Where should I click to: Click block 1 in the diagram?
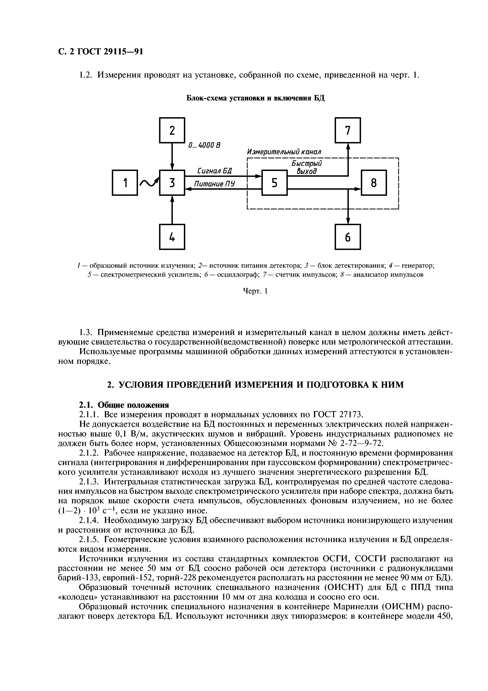pos(125,183)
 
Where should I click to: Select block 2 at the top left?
pos(172,130)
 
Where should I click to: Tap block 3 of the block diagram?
pos(172,183)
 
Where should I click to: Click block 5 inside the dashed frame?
pos(275,183)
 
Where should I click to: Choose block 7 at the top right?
pos(348,130)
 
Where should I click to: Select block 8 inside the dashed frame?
pos(374,183)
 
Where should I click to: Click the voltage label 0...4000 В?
pos(204,145)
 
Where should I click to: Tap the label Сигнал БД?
pos(214,171)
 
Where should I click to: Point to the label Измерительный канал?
pos(284,152)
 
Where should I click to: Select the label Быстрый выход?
pos(307,167)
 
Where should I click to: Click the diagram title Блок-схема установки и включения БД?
pos(256,98)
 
